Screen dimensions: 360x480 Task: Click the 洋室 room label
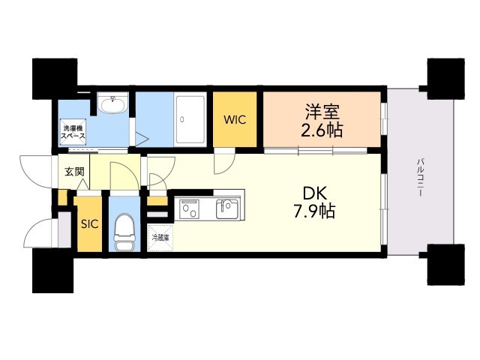click(x=323, y=113)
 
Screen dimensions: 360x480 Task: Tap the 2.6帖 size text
click(x=323, y=130)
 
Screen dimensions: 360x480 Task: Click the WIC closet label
click(x=235, y=119)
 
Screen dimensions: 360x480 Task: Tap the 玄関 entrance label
click(x=75, y=172)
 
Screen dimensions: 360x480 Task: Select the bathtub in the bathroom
click(x=192, y=118)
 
